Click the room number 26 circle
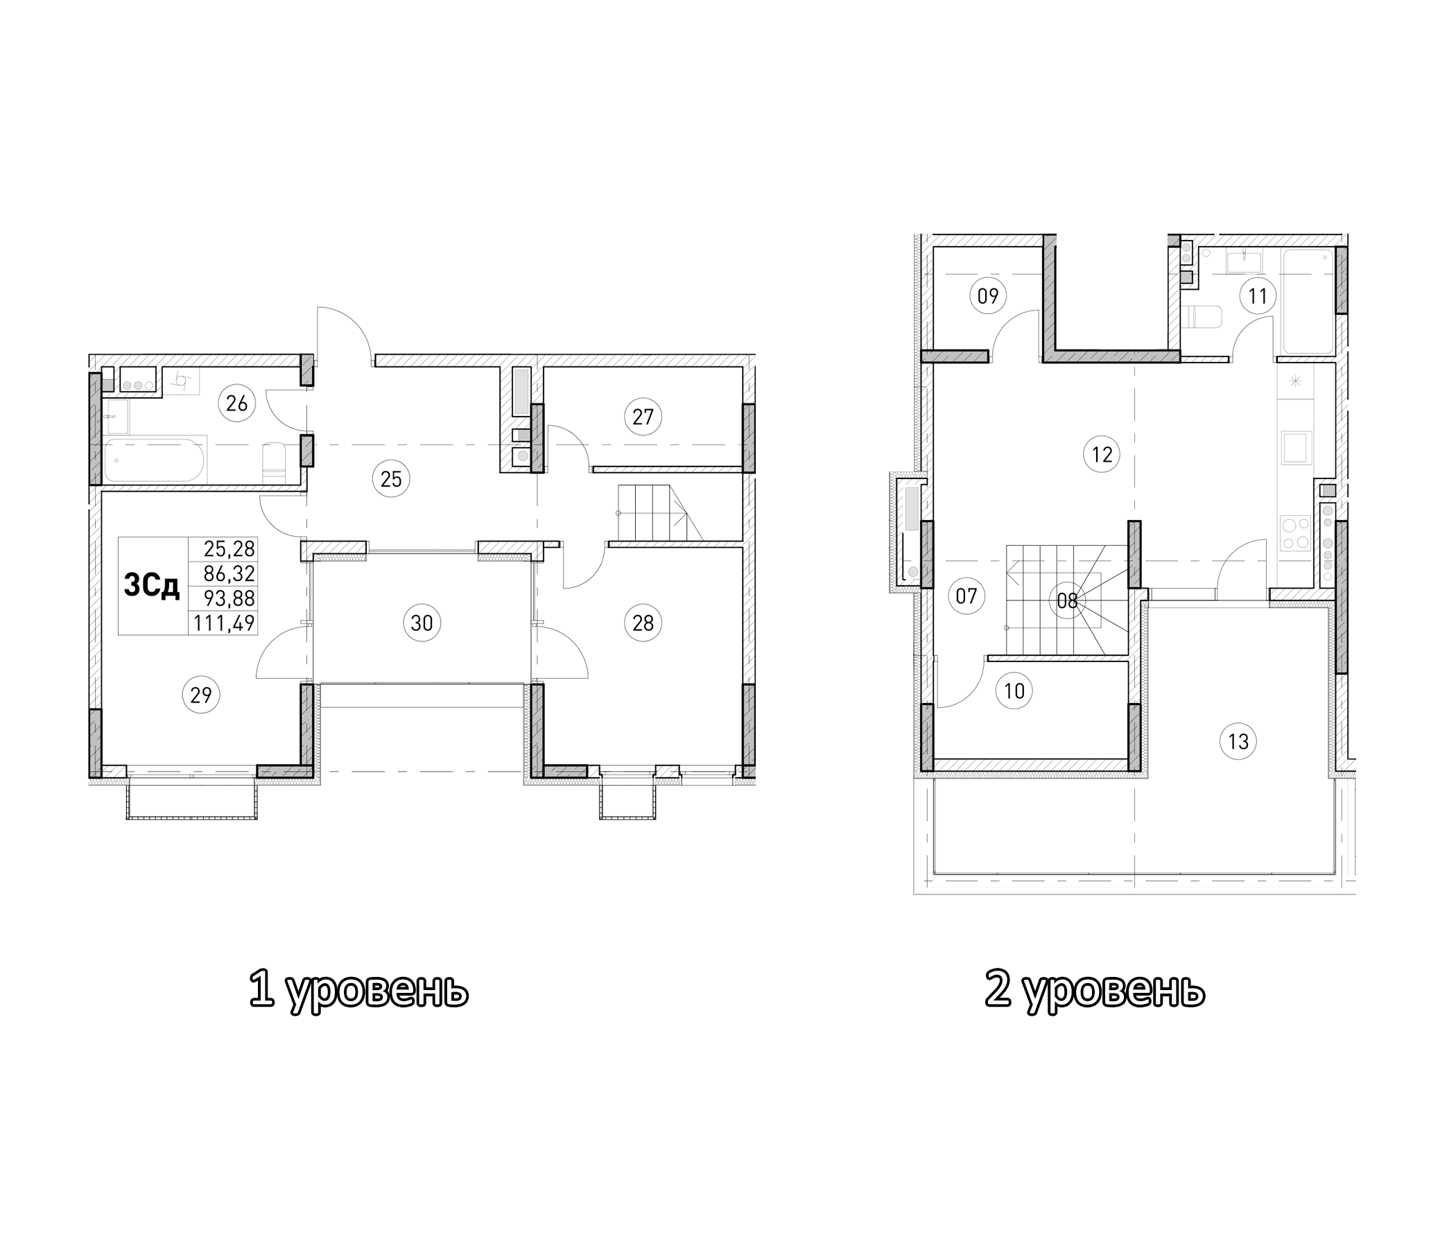[237, 404]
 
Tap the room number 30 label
[422, 623]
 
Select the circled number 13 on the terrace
[1238, 741]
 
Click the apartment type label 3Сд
[152, 585]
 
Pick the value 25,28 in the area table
[229, 548]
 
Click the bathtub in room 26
[155, 460]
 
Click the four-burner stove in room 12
[1295, 532]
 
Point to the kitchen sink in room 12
[1295, 449]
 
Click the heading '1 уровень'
[358, 990]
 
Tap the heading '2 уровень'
[1094, 990]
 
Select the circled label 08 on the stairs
[1067, 601]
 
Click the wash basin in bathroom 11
[1243, 261]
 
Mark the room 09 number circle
[987, 296]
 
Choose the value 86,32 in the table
[229, 573]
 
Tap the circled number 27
[642, 417]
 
